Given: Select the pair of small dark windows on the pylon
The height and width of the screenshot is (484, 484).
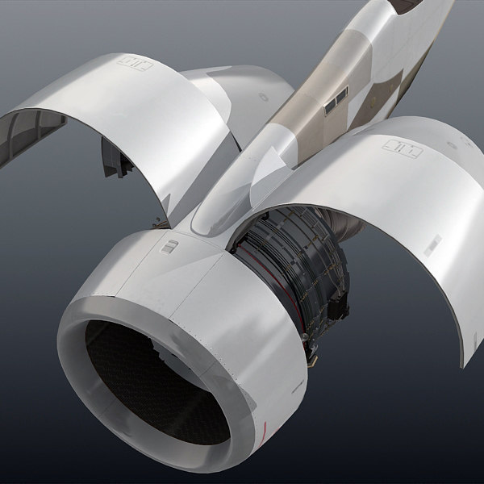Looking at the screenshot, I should click(x=335, y=99).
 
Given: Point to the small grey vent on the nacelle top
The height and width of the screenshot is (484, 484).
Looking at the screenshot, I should click(x=168, y=247).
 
